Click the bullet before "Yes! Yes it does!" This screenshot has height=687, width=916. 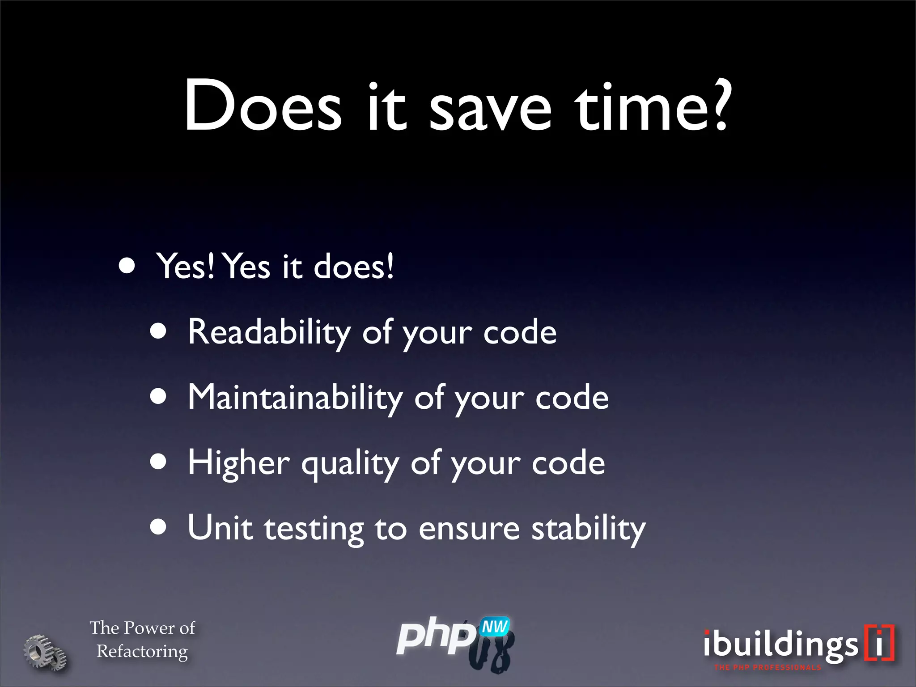(127, 266)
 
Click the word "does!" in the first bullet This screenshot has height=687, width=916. (354, 267)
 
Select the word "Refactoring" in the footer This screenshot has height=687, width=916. (142, 652)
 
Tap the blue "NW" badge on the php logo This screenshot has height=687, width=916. (495, 627)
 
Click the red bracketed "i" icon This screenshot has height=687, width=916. (879, 642)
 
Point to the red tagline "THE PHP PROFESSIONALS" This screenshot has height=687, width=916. (768, 668)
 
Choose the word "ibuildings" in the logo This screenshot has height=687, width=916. (780, 645)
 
